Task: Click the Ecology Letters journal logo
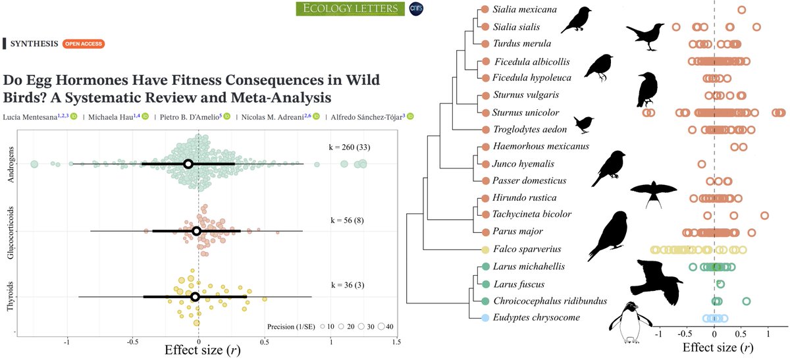[x=348, y=9]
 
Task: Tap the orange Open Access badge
[x=83, y=44]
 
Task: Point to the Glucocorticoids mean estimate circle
[x=196, y=231]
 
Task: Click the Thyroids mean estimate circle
[x=195, y=297]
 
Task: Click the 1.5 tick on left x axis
[x=396, y=342]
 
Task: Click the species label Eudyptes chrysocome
[x=531, y=318]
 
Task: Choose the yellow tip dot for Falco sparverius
[x=485, y=249]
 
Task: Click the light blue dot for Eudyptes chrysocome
[x=485, y=318]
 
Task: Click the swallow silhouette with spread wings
[x=653, y=193]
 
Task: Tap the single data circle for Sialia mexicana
[x=742, y=10]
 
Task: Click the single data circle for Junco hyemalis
[x=702, y=164]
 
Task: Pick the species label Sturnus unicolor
[x=523, y=113]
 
